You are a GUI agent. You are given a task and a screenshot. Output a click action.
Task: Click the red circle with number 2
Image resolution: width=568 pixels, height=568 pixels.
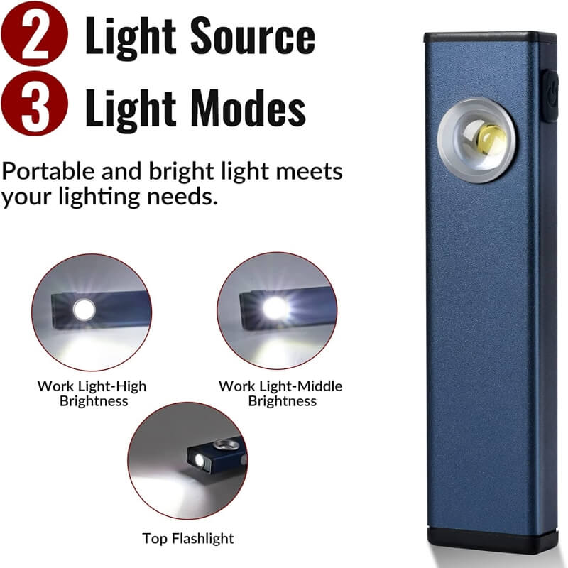[x=35, y=35]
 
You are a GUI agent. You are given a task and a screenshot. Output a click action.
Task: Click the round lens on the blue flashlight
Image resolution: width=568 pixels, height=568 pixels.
[x=476, y=139]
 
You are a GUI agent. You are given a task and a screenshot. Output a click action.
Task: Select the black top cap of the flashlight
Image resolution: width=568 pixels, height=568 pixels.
[x=490, y=37]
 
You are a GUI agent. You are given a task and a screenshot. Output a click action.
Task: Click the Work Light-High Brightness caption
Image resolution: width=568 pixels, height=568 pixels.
[x=92, y=393]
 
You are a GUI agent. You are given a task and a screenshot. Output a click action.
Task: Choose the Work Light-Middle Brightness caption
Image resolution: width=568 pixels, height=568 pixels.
[x=280, y=393]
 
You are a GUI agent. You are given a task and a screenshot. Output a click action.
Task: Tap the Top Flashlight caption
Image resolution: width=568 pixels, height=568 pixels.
[x=187, y=538]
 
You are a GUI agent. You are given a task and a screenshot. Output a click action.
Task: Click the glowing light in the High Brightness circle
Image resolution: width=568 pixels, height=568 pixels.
[x=84, y=310]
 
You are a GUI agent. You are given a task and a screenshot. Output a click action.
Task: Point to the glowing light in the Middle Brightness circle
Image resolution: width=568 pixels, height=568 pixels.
[x=274, y=308]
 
